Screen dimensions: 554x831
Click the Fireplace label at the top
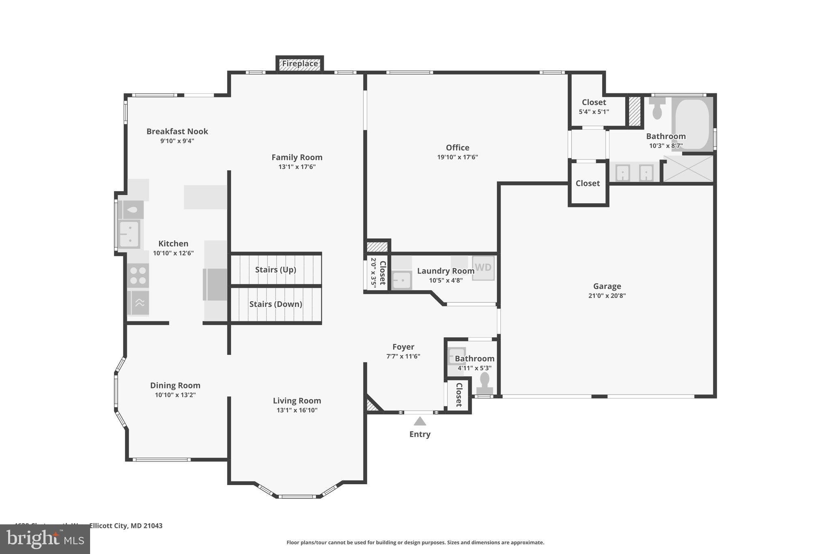coord(300,64)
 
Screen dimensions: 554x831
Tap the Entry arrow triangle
coord(420,421)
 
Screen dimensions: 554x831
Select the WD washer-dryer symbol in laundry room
coord(483,267)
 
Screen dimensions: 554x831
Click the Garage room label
coord(607,286)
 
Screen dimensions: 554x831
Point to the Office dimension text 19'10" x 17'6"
coord(457,157)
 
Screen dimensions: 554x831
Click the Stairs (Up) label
coord(276,269)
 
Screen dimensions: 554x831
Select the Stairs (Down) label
coord(276,304)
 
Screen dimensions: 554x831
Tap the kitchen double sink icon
coord(129,234)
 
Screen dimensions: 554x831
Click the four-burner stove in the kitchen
coord(138,276)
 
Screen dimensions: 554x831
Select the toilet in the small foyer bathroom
coord(484,384)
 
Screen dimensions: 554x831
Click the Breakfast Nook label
coord(177,131)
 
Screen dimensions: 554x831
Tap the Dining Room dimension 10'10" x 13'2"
coord(175,394)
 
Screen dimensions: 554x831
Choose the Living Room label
coord(297,401)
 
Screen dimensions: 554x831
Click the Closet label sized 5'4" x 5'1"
coord(594,102)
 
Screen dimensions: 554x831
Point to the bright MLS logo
coord(45,539)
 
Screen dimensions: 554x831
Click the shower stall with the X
coord(688,168)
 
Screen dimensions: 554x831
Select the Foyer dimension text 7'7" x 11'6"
coord(403,356)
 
